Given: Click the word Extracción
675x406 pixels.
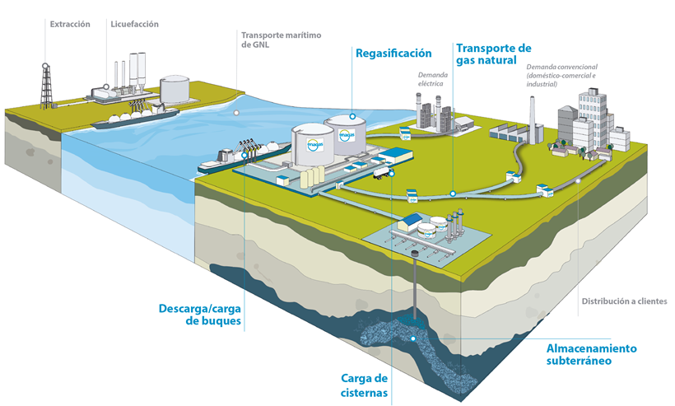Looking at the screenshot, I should click(x=70, y=24).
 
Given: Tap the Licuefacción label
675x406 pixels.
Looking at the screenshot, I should click(x=133, y=24).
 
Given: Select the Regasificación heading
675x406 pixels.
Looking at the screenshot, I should click(x=393, y=54).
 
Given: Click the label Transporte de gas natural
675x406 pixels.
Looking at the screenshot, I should click(x=493, y=54).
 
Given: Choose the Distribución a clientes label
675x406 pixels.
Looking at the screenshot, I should click(x=623, y=301).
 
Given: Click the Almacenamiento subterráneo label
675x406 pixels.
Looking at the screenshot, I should click(x=591, y=353).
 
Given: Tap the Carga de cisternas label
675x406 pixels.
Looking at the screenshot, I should click(x=364, y=385).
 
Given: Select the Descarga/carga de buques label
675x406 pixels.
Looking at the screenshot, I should click(x=201, y=316).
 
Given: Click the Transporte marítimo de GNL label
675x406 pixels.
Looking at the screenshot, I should click(x=280, y=40).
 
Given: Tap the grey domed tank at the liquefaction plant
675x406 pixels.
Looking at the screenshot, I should click(x=174, y=88).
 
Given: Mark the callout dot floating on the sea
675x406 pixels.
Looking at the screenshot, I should click(x=236, y=112).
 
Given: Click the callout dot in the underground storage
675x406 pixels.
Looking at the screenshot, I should click(x=412, y=338).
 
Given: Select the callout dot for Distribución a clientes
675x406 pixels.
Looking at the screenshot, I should click(x=578, y=180).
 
